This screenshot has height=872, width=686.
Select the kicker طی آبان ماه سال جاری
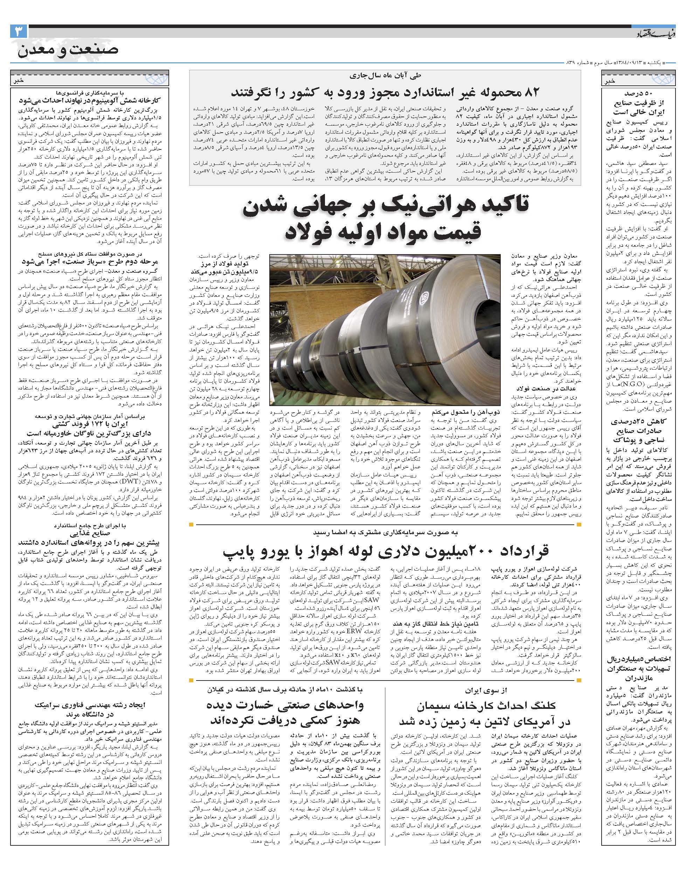386,75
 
